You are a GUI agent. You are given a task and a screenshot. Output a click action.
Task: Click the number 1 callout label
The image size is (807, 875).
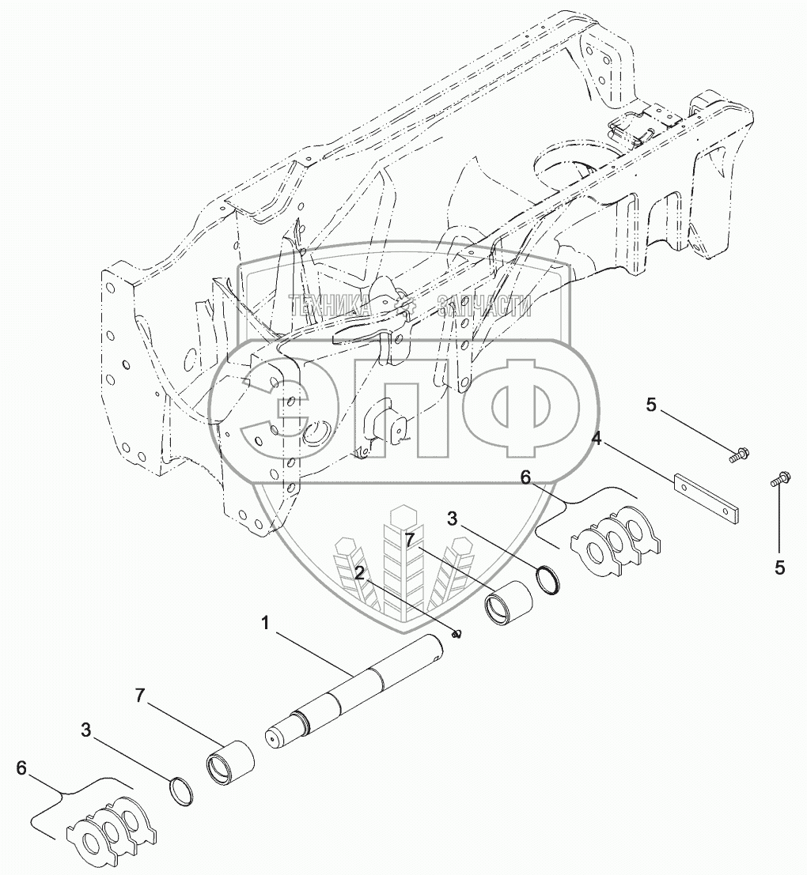(x=266, y=624)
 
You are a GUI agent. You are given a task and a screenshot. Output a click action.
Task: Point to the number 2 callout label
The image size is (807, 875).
(x=360, y=573)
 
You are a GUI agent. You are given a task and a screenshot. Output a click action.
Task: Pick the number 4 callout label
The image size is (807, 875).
(x=597, y=439)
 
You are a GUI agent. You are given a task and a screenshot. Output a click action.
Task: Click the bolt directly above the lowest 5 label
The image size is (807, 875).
(x=780, y=477)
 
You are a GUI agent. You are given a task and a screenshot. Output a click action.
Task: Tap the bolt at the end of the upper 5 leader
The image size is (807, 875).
(x=741, y=454)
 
